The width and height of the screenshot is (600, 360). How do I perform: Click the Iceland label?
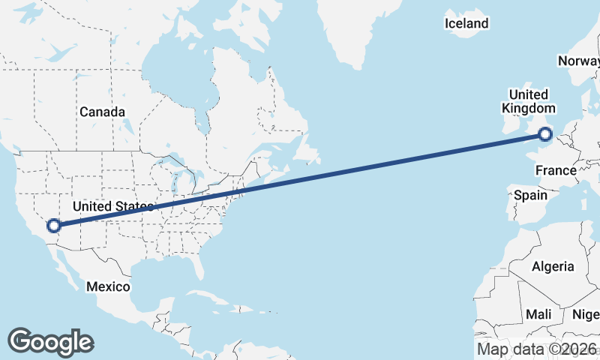click(466, 23)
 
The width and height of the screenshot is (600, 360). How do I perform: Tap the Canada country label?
click(102, 112)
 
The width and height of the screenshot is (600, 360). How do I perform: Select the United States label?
click(112, 206)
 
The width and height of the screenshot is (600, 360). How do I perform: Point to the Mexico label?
click(108, 286)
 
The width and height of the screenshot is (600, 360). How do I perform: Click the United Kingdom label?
click(529, 101)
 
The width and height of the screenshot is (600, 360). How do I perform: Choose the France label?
click(556, 171)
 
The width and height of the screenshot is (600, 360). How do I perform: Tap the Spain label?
click(529, 195)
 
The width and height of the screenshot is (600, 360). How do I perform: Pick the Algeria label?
click(553, 266)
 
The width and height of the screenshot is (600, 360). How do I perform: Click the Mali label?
click(539, 313)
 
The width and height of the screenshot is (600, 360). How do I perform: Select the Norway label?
click(579, 61)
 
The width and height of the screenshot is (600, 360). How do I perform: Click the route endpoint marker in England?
click(545, 135)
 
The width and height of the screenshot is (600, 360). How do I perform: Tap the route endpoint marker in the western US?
click(54, 225)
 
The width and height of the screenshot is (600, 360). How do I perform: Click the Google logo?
click(50, 341)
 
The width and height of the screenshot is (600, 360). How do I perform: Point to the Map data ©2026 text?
click(537, 349)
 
